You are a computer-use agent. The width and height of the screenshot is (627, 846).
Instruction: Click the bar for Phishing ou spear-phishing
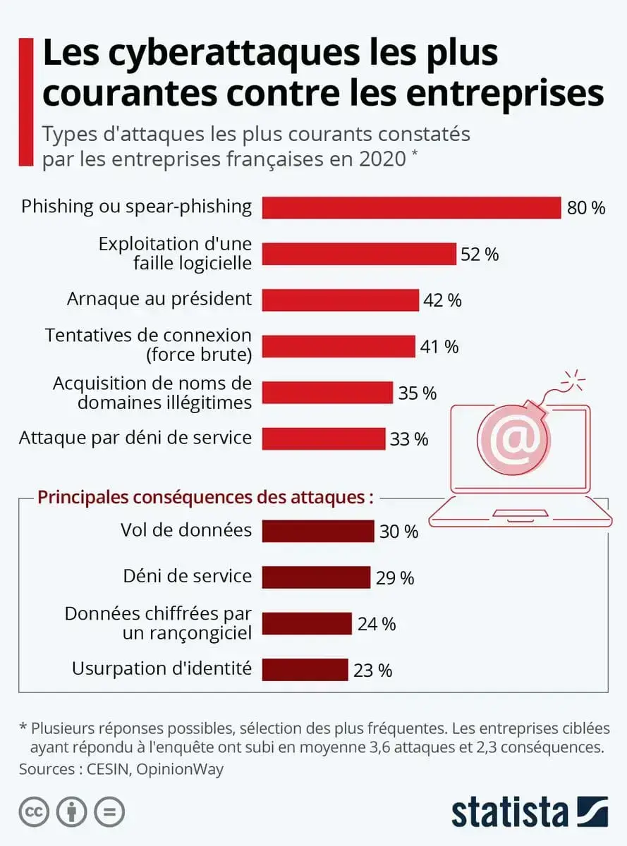click(x=411, y=207)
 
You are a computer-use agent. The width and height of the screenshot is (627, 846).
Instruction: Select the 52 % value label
click(x=480, y=255)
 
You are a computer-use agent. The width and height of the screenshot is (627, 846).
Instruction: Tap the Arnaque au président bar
click(x=340, y=300)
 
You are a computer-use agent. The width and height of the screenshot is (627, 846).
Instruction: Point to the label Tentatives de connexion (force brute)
click(x=148, y=345)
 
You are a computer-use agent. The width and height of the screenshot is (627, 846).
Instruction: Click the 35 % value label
click(x=418, y=393)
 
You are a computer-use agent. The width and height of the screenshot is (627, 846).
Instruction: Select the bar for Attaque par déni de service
click(x=324, y=439)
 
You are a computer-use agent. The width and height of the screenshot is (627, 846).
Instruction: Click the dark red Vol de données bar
click(x=317, y=531)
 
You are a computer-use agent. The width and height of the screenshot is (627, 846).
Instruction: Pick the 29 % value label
click(x=394, y=578)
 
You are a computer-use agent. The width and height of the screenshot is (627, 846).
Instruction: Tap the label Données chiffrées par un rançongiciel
click(x=158, y=623)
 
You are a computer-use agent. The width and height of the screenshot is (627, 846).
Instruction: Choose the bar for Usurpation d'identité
click(x=305, y=670)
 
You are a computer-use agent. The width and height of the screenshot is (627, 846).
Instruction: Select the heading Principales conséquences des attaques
click(x=205, y=497)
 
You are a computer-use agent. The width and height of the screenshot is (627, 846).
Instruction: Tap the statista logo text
click(x=509, y=811)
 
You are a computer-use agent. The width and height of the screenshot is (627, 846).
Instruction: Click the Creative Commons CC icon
click(x=34, y=812)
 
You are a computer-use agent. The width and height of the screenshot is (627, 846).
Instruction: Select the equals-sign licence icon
click(x=109, y=812)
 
